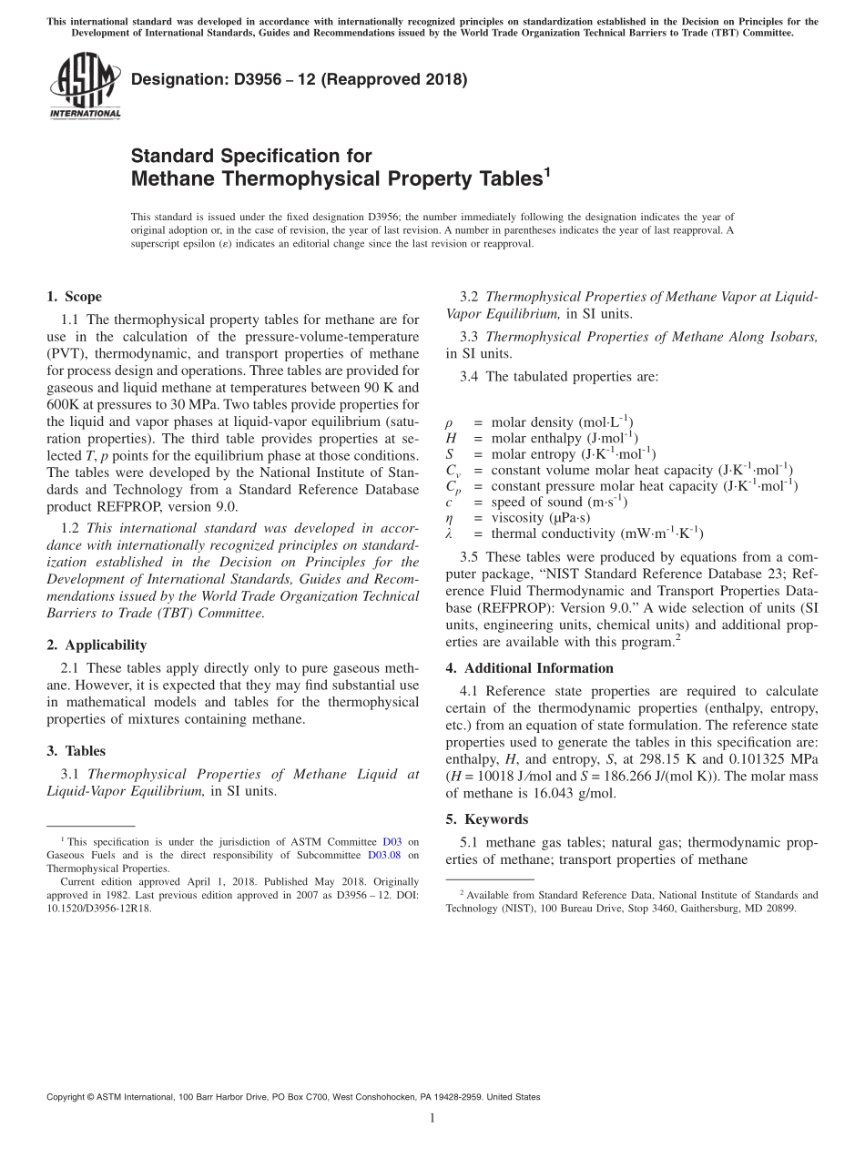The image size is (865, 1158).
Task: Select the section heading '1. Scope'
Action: point(74,297)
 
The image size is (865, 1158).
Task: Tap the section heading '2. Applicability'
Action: point(97,645)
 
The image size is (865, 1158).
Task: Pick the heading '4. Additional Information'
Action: point(529,668)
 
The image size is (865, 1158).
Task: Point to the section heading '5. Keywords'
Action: point(487,819)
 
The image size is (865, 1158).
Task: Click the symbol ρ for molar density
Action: point(450,423)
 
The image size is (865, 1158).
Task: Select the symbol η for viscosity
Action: point(450,518)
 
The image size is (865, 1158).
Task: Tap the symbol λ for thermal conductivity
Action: point(450,533)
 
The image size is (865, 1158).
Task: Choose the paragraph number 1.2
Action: point(70,528)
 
